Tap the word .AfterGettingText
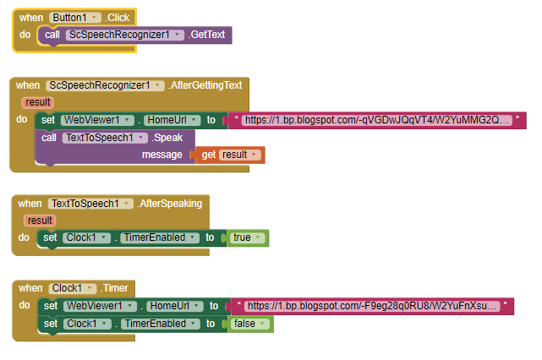(206, 85)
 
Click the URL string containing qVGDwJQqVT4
(376, 120)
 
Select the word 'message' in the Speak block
(162, 155)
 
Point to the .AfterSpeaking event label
(169, 204)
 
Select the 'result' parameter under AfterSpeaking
(40, 221)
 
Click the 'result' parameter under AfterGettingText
(37, 102)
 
